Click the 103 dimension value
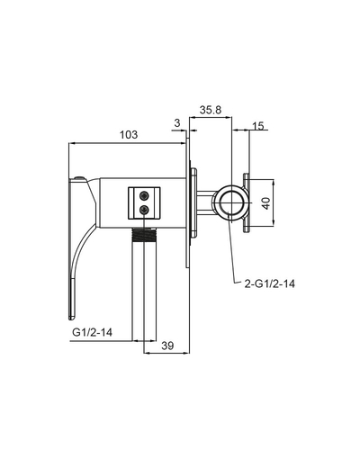(x=129, y=135)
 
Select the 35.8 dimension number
(x=211, y=110)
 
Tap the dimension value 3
(x=177, y=123)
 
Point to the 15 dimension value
(x=258, y=126)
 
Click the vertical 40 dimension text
(x=266, y=202)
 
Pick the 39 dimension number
(x=167, y=346)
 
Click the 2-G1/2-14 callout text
(x=270, y=283)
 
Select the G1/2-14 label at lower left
(x=92, y=332)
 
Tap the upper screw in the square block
(x=144, y=196)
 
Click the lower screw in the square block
(x=144, y=210)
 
